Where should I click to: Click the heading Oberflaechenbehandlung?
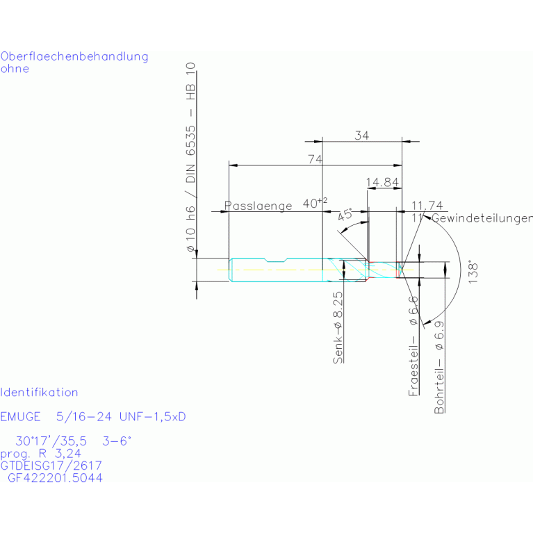(x=74, y=56)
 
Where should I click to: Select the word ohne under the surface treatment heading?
(x=15, y=69)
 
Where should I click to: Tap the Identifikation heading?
(x=40, y=393)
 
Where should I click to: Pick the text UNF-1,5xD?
(x=153, y=417)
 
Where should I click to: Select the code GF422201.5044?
(x=55, y=478)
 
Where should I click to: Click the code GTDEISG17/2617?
(x=52, y=466)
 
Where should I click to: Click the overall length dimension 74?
(x=315, y=159)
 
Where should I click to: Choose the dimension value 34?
(x=361, y=136)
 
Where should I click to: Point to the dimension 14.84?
(x=382, y=183)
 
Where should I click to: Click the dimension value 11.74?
(x=427, y=205)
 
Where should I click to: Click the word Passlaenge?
(x=259, y=206)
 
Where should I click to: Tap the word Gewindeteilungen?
(x=482, y=218)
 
